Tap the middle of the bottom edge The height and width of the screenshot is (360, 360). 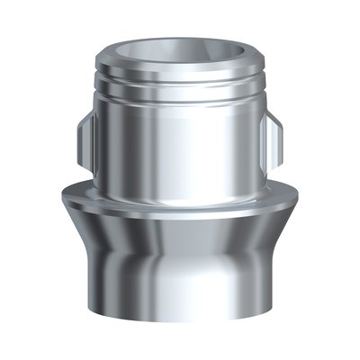coord(180,320)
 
